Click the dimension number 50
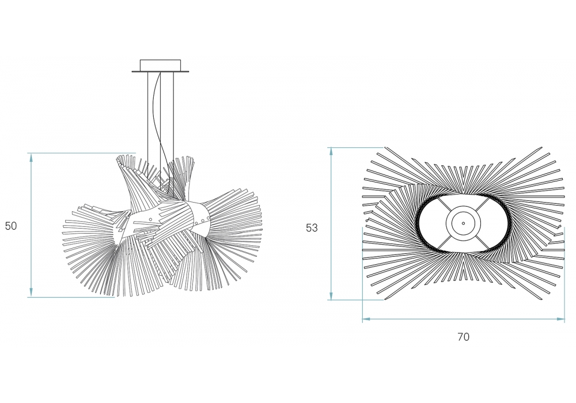click(x=11, y=226)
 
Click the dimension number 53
click(x=312, y=228)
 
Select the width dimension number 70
click(x=463, y=337)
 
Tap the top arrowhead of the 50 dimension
click(x=31, y=157)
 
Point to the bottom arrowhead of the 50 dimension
click(x=31, y=292)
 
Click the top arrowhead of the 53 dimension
click(x=331, y=152)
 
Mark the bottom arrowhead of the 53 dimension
click(x=331, y=295)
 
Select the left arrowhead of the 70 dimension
click(x=367, y=320)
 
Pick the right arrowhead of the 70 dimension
click(x=560, y=320)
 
